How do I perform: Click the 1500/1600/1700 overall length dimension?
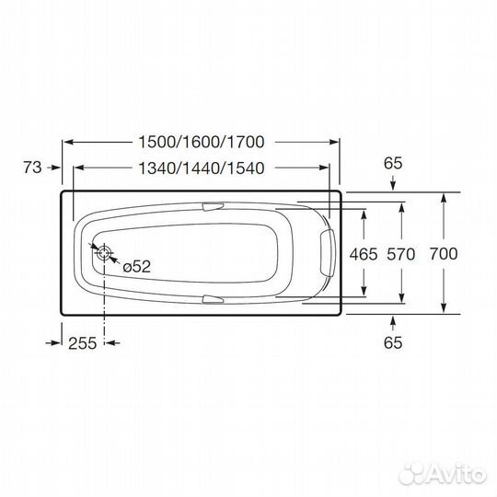(x=200, y=142)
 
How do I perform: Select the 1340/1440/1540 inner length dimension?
(x=200, y=168)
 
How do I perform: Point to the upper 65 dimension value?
(x=393, y=163)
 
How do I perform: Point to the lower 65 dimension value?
(x=393, y=342)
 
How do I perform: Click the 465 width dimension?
(x=364, y=253)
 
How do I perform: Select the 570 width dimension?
(x=402, y=253)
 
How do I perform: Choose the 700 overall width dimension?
(x=444, y=253)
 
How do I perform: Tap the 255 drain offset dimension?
(x=83, y=342)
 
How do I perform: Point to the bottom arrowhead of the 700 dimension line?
(x=445, y=309)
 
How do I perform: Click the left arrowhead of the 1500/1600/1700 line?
(x=67, y=142)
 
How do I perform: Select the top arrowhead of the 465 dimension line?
(x=365, y=211)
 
